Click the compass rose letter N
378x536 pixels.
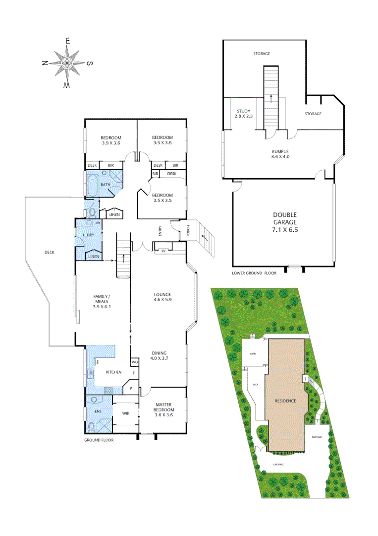click(45, 63)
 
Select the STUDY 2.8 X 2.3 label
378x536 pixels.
click(243, 114)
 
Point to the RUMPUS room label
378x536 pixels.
click(280, 154)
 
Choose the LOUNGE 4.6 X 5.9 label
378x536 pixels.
click(162, 297)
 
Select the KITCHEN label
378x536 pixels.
click(113, 372)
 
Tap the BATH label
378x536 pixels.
click(106, 185)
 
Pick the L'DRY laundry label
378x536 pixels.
click(89, 235)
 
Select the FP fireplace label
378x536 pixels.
click(163, 251)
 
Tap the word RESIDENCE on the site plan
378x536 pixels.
click(286, 401)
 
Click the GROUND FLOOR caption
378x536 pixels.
click(99, 440)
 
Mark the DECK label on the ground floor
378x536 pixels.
click(49, 252)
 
